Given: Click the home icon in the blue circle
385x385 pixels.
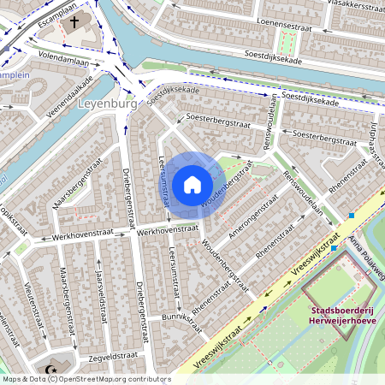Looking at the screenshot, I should (x=192, y=184).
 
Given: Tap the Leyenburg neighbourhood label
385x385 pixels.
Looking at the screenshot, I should (x=107, y=104).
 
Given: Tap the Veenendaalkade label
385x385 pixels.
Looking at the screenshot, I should (x=69, y=98).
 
